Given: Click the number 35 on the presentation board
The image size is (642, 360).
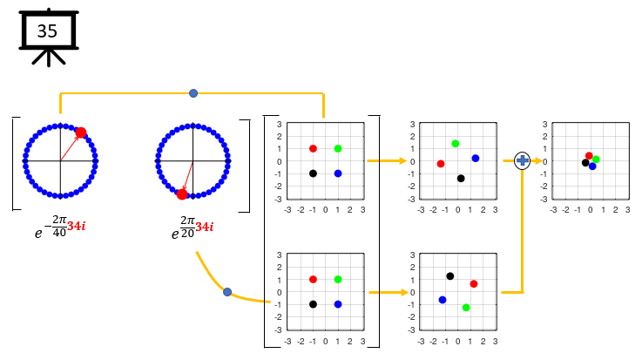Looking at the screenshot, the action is click(x=47, y=31).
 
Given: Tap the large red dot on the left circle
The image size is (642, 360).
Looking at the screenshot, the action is click(x=81, y=132).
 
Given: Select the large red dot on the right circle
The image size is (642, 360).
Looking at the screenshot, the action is click(x=182, y=194).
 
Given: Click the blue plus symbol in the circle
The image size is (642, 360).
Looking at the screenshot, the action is click(x=522, y=160).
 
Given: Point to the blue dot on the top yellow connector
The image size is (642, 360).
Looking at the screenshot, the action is click(x=193, y=93).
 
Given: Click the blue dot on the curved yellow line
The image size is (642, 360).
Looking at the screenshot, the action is click(x=227, y=292).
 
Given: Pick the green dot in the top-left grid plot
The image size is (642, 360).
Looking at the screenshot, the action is click(x=338, y=149).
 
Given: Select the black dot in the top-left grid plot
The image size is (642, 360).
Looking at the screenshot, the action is click(x=314, y=173).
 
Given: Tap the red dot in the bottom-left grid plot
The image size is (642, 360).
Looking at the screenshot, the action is click(x=314, y=279).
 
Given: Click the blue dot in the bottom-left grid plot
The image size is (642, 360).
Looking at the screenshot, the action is click(x=338, y=304).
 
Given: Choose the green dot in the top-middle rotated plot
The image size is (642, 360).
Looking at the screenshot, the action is click(x=456, y=144).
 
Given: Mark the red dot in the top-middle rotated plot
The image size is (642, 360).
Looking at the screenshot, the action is click(x=441, y=164).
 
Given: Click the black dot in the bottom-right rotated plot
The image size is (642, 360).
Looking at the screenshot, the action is click(x=450, y=276).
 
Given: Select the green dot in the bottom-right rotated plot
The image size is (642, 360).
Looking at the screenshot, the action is click(x=466, y=308).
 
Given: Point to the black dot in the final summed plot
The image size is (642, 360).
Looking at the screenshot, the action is click(x=585, y=163).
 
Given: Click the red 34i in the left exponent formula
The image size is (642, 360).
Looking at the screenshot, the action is click(x=77, y=226).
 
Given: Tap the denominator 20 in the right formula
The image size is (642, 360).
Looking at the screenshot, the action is click(x=187, y=234).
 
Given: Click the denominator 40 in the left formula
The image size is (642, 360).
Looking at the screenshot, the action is click(x=59, y=233).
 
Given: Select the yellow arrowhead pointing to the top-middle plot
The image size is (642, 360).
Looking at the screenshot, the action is click(x=403, y=161).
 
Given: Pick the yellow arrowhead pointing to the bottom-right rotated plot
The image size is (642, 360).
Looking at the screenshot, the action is click(x=404, y=292).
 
